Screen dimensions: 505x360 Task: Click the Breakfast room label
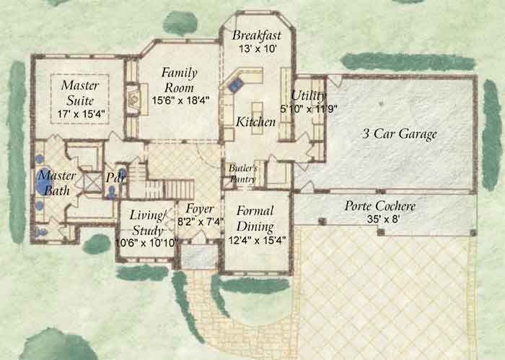click(257, 35)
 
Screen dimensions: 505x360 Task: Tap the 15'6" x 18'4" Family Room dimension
click(180, 100)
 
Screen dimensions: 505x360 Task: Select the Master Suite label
click(80, 93)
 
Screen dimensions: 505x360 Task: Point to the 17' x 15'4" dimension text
click(81, 114)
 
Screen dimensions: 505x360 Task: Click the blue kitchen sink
click(235, 85)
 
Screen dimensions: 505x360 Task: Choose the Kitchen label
click(255, 122)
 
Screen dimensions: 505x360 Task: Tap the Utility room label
click(308, 96)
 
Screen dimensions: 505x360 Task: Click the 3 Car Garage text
click(400, 134)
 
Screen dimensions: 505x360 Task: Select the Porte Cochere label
click(380, 206)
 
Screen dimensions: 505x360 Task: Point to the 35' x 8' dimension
click(383, 219)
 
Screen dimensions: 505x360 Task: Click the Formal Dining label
click(255, 219)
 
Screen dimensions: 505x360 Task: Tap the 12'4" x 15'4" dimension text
click(257, 240)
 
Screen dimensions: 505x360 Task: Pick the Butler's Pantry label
click(243, 174)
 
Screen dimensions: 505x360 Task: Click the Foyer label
click(199, 209)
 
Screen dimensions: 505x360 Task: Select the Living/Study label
click(147, 223)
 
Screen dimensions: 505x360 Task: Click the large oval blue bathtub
click(45, 181)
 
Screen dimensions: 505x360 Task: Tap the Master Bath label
click(57, 183)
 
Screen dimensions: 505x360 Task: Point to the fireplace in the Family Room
click(133, 99)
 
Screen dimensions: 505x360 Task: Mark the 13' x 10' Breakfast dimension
click(258, 49)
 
